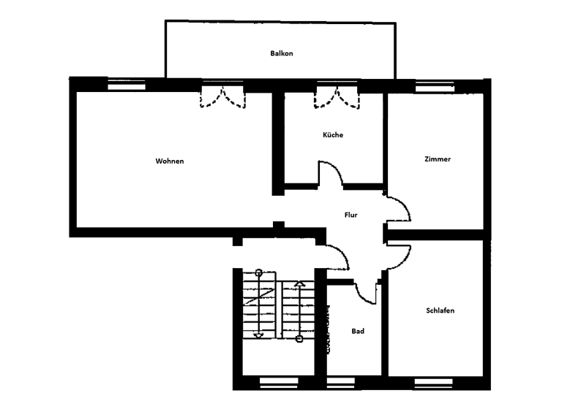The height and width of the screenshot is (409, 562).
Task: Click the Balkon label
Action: pos(282,53)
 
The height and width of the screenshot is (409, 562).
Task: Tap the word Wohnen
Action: pos(169,161)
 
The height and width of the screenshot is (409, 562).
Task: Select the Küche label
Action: pos(333,135)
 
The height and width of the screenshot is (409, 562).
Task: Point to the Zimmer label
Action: pos(438,159)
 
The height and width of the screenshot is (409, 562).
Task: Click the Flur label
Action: pos(351,215)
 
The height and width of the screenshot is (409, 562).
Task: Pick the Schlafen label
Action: pos(440,310)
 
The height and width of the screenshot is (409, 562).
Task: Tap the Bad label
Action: pos(358,331)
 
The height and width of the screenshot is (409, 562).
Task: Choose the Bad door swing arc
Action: pos(367,290)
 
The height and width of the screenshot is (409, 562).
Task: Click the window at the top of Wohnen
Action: pos(127,85)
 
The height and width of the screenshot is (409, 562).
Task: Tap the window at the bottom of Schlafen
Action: pos(433,382)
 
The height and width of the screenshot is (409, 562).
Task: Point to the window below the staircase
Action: pos(279,382)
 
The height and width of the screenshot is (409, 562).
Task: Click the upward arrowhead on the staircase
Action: pos(299,283)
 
